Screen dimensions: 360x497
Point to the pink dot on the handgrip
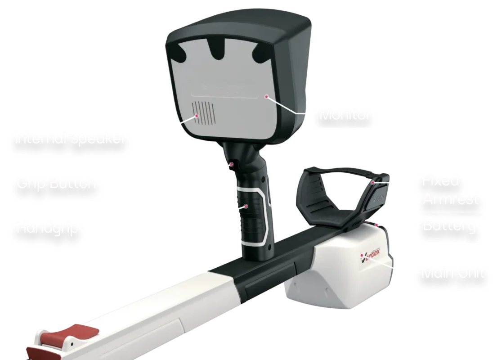246,207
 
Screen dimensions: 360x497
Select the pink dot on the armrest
373,183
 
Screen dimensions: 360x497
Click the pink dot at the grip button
232,164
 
